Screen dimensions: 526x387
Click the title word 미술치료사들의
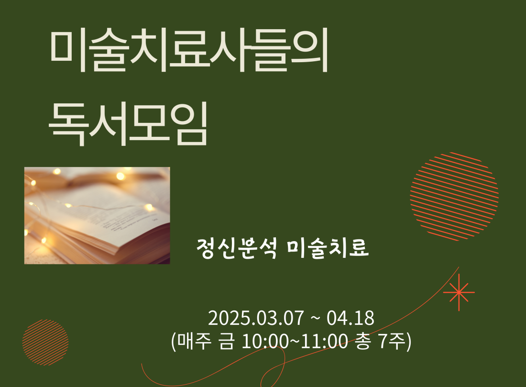coord(189,50)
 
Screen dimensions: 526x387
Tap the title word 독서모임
coord(128,124)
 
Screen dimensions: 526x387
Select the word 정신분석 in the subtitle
coord(237,248)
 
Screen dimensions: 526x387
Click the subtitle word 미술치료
coord(328,248)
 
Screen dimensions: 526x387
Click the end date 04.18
coord(350,318)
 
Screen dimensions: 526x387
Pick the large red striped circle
coord(454,196)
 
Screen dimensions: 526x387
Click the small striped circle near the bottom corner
coord(45,343)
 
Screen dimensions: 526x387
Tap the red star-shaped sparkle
coord(459,292)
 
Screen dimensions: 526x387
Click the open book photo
coord(97,215)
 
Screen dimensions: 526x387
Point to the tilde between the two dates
coord(315,318)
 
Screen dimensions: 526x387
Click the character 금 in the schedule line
coord(227,342)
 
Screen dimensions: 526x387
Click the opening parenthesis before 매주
coord(174,342)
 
